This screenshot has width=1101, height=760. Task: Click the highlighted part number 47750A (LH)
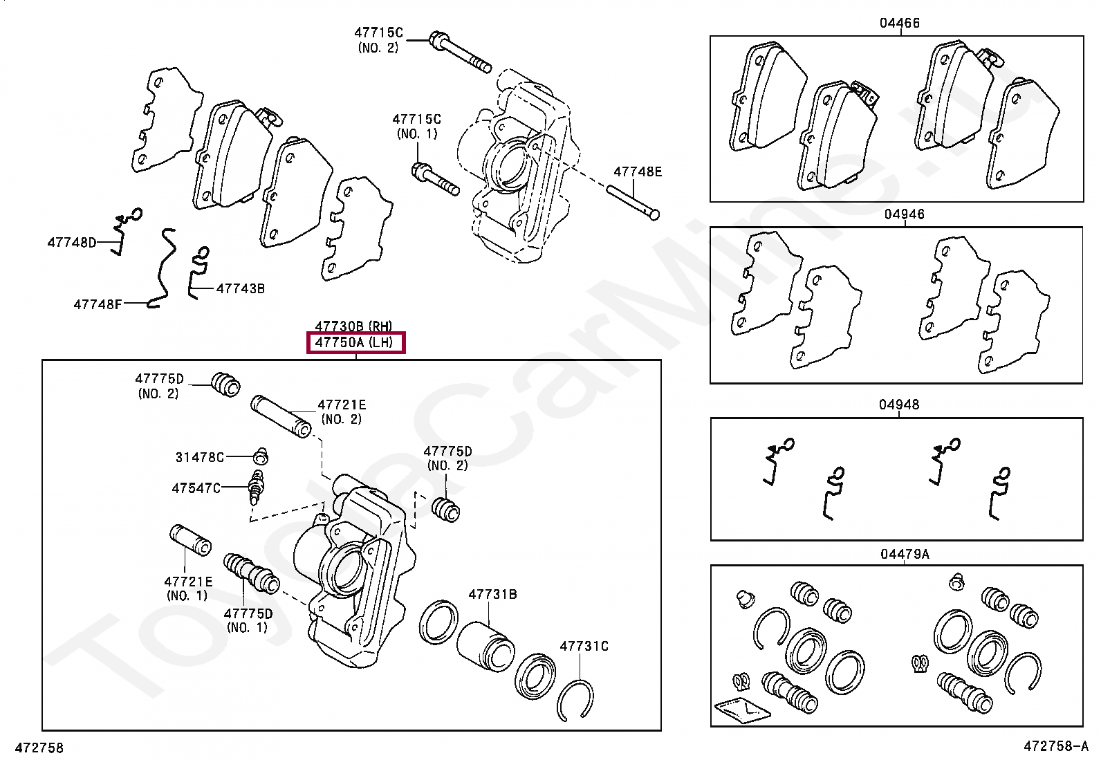[355, 342]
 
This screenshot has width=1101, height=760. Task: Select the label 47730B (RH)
[353, 326]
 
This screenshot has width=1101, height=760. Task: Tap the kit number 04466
[899, 23]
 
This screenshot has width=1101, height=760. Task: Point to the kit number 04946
[904, 214]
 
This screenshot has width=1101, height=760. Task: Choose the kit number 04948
[899, 405]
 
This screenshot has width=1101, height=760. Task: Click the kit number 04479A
[904, 554]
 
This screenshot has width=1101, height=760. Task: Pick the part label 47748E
[638, 172]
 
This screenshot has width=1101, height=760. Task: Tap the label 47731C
[584, 646]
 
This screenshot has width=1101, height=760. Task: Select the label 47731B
[492, 594]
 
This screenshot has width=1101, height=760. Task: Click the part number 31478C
[199, 457]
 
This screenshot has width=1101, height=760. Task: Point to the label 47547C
[196, 488]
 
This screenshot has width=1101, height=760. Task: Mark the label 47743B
[240, 288]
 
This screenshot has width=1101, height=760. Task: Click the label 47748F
[98, 304]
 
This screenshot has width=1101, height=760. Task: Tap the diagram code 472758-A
[1055, 747]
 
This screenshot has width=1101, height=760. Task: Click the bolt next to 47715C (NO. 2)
[460, 52]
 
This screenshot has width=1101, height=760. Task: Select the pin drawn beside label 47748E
[633, 201]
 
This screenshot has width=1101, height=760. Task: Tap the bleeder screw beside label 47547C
[257, 488]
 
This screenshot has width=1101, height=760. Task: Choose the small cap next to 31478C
[260, 456]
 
